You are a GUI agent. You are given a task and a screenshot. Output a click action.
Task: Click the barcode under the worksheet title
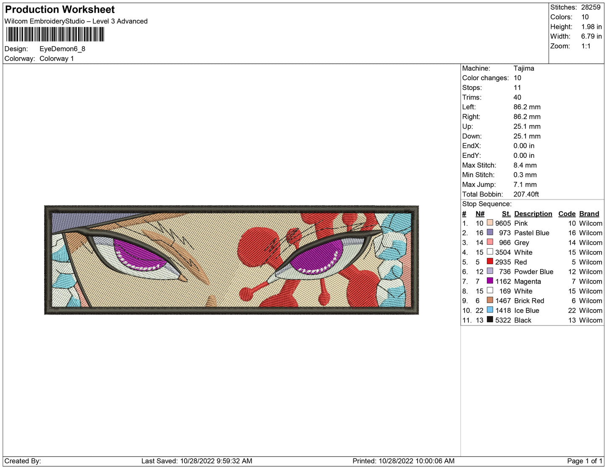[55, 34]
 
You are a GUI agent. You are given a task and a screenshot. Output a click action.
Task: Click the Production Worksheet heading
[60, 10]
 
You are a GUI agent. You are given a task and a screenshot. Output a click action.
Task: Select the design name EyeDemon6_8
[62, 49]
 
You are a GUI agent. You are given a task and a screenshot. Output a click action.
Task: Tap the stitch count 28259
[591, 7]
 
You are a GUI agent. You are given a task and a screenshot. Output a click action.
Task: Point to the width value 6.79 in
[591, 36]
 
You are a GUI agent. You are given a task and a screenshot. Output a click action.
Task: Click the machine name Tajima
[524, 68]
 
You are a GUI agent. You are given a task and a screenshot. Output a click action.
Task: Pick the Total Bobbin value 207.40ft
[526, 194]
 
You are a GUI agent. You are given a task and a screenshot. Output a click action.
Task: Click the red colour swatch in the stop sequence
[490, 262]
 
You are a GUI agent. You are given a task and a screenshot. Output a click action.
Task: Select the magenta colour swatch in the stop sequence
[490, 281]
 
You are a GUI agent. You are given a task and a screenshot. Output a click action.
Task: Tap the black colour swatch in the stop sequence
[490, 320]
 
